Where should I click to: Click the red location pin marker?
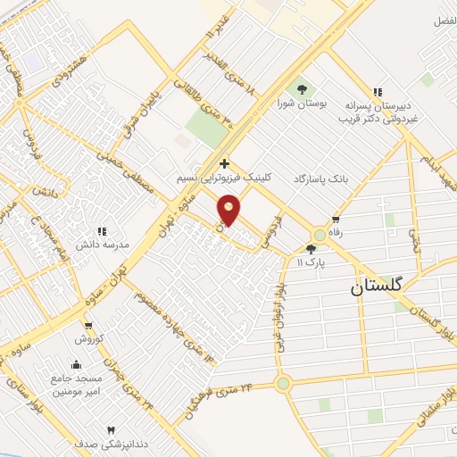pyautogui.click(x=229, y=209)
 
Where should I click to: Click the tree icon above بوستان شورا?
pyautogui.click(x=302, y=89)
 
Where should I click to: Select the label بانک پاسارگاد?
pyautogui.click(x=320, y=179)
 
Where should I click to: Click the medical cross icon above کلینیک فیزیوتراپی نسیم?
pyautogui.click(x=223, y=163)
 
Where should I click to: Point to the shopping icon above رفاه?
pyautogui.click(x=336, y=219)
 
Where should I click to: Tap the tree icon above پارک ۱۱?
pyautogui.click(x=311, y=250)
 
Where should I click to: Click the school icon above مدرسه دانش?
pyautogui.click(x=102, y=231)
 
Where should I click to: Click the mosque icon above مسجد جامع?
pyautogui.click(x=76, y=364)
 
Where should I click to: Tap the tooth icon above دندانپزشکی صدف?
pyautogui.click(x=111, y=430)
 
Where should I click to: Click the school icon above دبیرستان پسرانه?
pyautogui.click(x=378, y=91)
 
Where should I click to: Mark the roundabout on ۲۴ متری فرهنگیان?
pyautogui.click(x=284, y=385)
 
